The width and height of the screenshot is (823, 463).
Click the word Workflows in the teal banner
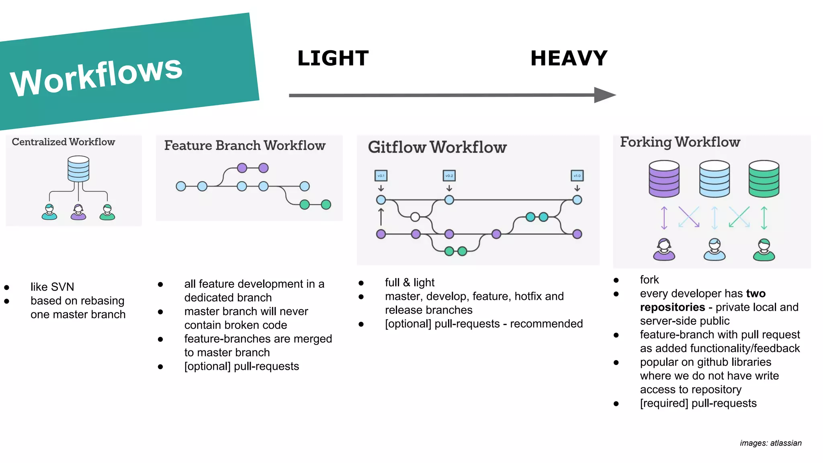[96, 76]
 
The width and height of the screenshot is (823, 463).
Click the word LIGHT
[333, 58]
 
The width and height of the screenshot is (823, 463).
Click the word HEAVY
[569, 58]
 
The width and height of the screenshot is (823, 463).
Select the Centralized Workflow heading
[63, 142]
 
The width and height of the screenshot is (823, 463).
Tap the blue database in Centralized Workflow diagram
[78, 169]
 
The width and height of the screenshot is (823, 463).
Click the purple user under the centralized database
[78, 212]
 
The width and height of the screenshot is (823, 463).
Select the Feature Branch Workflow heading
[245, 145]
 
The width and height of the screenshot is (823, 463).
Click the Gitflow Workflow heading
[437, 147]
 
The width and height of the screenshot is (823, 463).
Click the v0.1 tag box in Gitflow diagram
[381, 176]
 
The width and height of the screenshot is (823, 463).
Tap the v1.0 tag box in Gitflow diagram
[577, 176]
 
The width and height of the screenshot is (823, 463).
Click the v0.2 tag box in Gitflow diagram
[449, 176]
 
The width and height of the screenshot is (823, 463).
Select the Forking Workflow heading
[680, 142]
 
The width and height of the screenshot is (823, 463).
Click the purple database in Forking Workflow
[664, 179]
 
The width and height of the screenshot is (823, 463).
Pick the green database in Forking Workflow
[764, 179]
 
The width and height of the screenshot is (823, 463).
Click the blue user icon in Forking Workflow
[714, 250]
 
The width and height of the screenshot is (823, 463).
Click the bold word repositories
[672, 307]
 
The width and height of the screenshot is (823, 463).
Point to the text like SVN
[52, 287]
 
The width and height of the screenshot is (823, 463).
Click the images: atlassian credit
[770, 443]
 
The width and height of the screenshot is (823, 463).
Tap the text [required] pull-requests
[698, 404]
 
